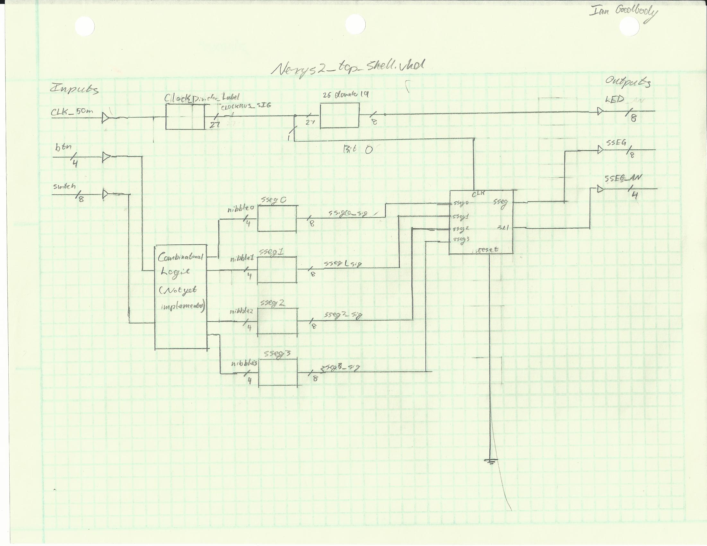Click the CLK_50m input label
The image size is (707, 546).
pyautogui.click(x=72, y=112)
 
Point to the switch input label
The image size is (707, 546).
pyautogui.click(x=65, y=187)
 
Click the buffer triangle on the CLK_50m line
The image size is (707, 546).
pyautogui.click(x=105, y=118)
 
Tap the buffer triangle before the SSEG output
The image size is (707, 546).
pyautogui.click(x=600, y=150)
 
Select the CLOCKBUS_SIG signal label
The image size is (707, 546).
pyautogui.click(x=246, y=105)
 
